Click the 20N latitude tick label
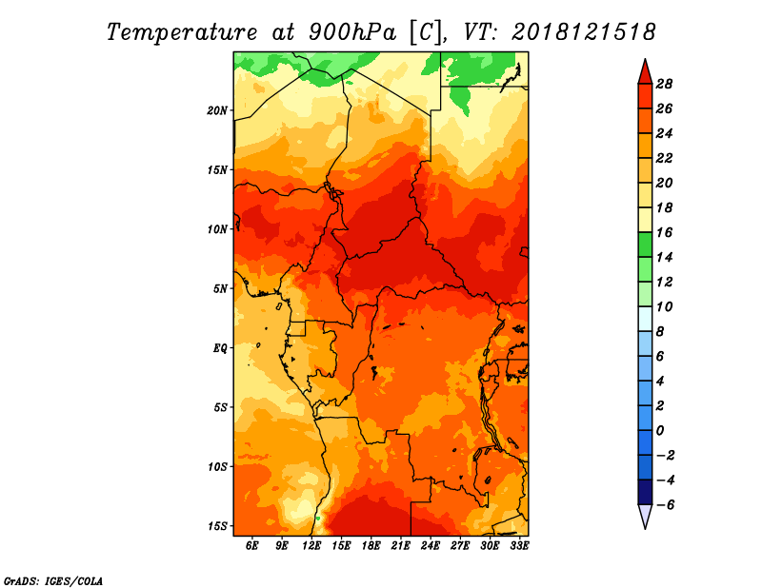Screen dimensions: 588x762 [x=217, y=110]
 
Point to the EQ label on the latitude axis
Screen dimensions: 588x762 [x=220, y=348]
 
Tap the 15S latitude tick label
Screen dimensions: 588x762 [x=217, y=526]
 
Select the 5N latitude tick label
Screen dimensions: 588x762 [x=220, y=288]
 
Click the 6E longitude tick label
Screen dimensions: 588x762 [x=252, y=546]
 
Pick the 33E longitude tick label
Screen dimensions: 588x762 [x=520, y=546]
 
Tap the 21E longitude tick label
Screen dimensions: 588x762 [x=401, y=546]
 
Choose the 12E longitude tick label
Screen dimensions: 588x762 [x=311, y=546]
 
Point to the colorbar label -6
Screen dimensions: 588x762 [x=667, y=504]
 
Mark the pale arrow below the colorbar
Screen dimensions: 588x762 [x=645, y=517]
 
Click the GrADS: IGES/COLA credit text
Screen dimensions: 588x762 [x=53, y=579]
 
